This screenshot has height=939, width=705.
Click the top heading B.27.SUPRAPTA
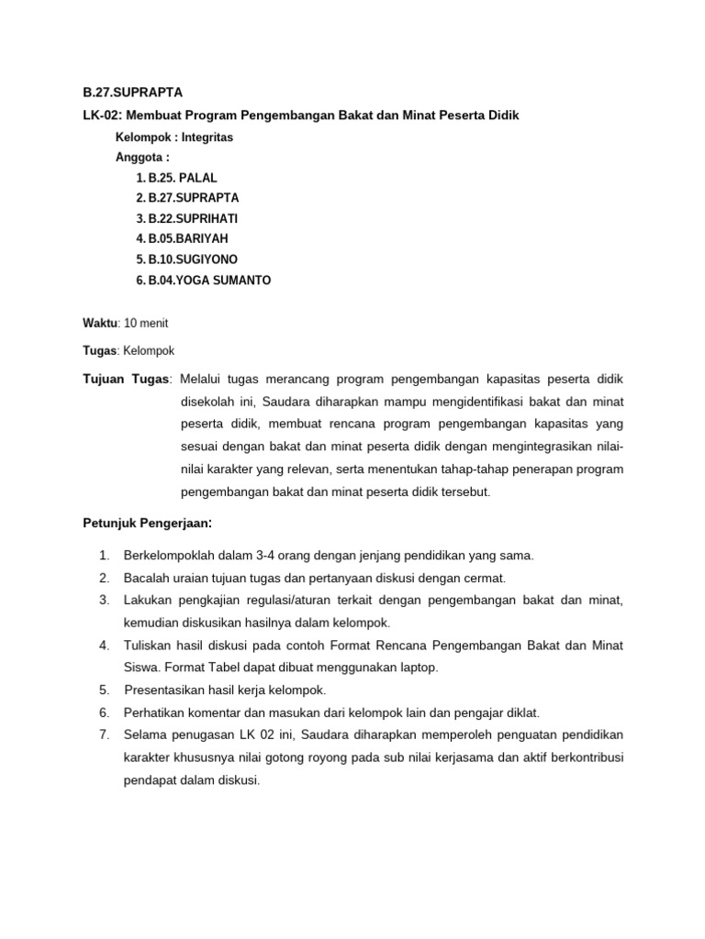point(132,93)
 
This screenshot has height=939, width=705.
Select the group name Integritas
point(207,138)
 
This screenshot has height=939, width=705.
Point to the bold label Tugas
point(99,350)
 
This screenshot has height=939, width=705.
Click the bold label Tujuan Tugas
point(126,379)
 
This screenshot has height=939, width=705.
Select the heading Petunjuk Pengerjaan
point(146,524)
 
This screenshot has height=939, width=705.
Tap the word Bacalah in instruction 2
point(144,578)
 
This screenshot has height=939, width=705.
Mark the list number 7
point(104,735)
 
